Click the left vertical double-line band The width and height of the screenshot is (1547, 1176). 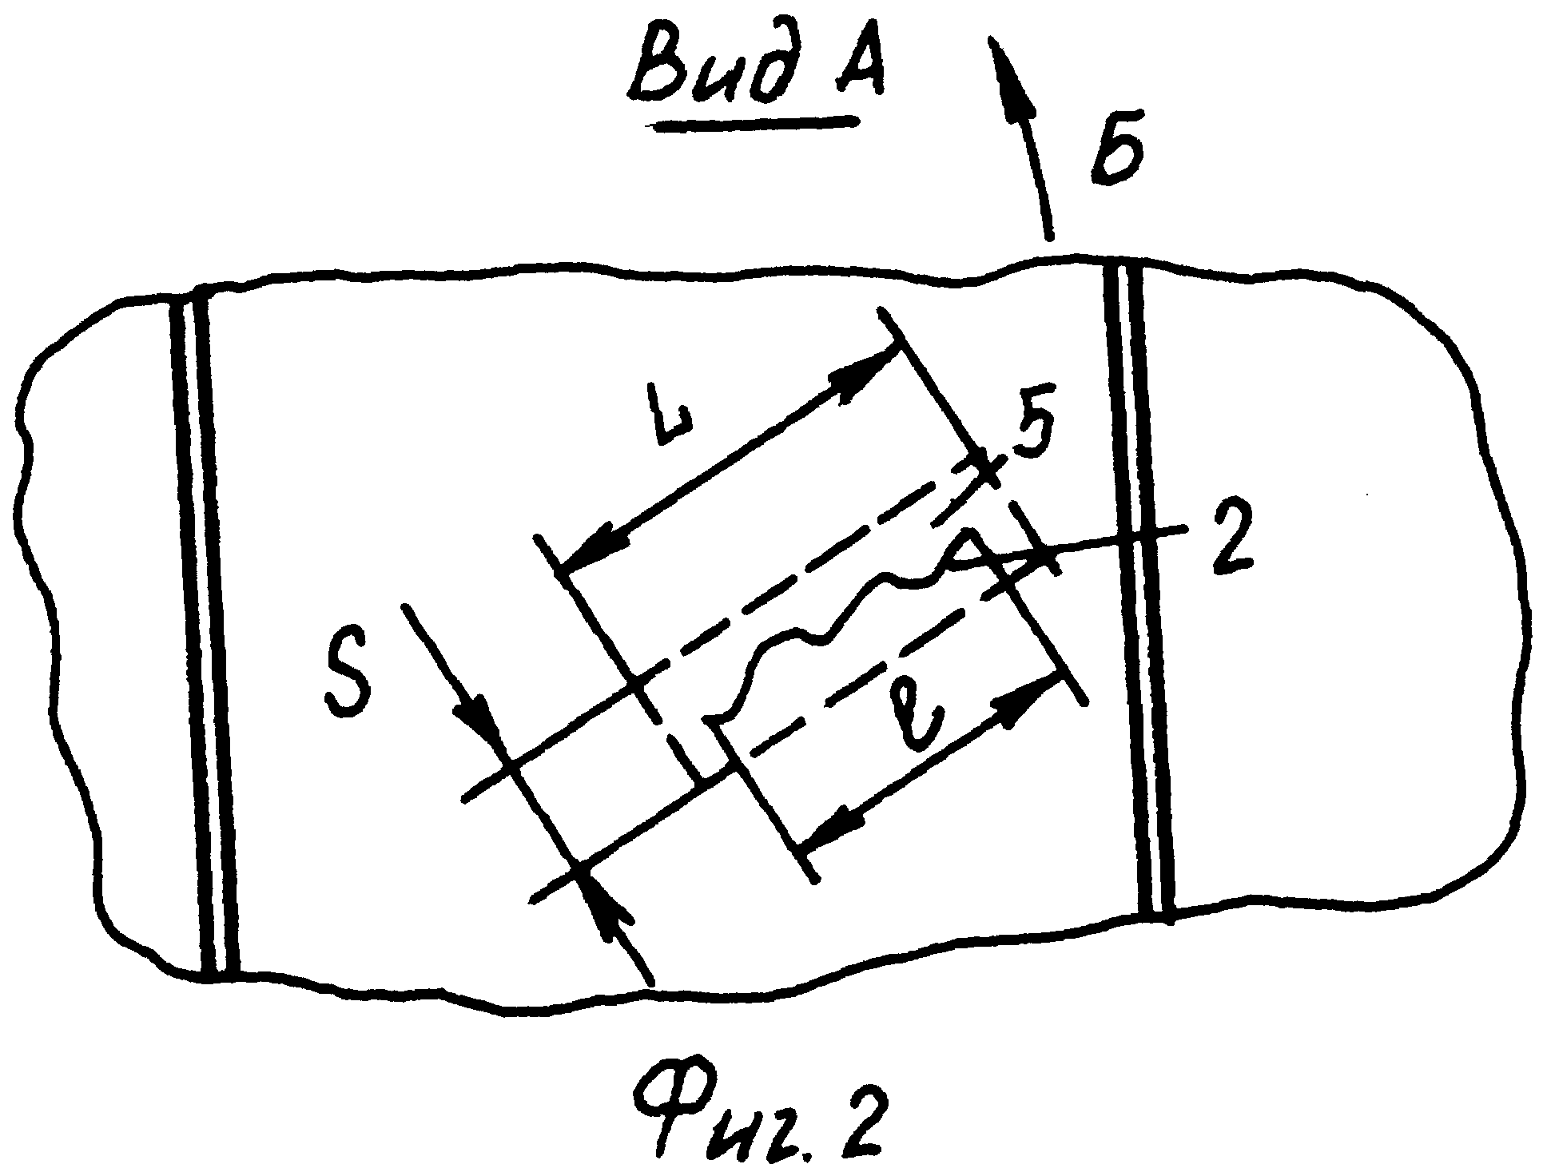tap(206, 631)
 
